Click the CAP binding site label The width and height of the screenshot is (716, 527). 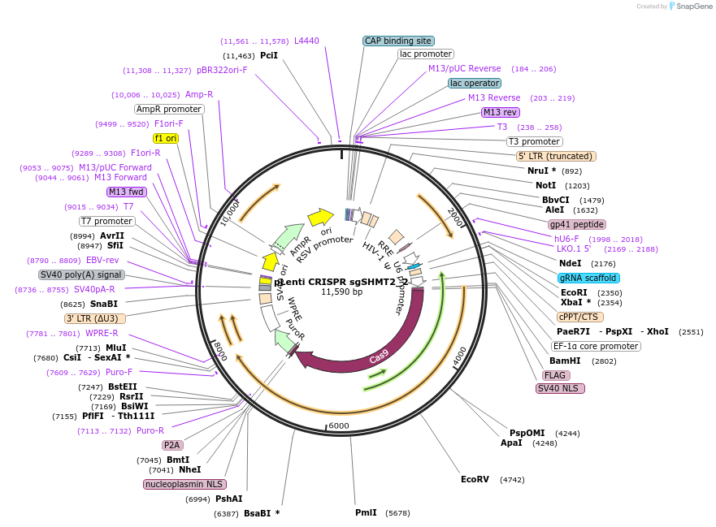pos(398,41)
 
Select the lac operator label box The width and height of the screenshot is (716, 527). pos(475,83)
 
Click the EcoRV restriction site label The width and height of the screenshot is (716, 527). pos(475,479)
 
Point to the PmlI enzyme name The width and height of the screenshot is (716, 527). pos(366,513)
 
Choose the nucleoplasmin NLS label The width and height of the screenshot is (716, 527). pos(184,484)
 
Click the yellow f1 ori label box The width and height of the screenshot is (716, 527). pos(165,138)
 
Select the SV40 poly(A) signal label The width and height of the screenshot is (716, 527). pos(82,274)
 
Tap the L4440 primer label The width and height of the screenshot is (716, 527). pos(306,41)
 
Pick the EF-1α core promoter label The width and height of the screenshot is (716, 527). pos(596,346)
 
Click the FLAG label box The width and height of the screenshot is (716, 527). pos(555,375)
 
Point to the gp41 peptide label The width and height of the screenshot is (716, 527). pos(577,224)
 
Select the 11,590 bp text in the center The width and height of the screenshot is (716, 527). pos(341,292)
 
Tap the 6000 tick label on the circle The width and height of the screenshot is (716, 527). pos(339,426)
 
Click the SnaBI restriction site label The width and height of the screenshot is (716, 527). pos(104,304)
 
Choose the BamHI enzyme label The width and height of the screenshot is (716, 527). pos(565,361)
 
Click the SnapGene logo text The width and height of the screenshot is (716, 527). pos(692,6)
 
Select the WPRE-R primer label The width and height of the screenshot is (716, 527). pos(102,333)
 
